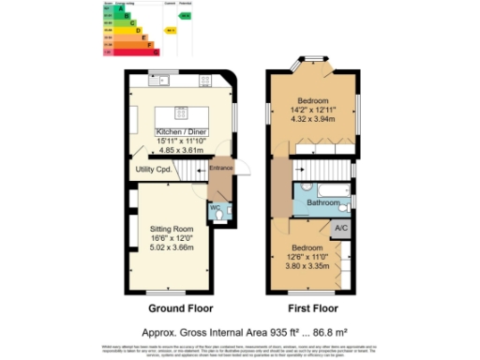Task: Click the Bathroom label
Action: tap(323, 202)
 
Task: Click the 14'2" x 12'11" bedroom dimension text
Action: tap(313, 111)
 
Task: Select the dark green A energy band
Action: tap(110, 9)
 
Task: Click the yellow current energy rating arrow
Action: tap(171, 31)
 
